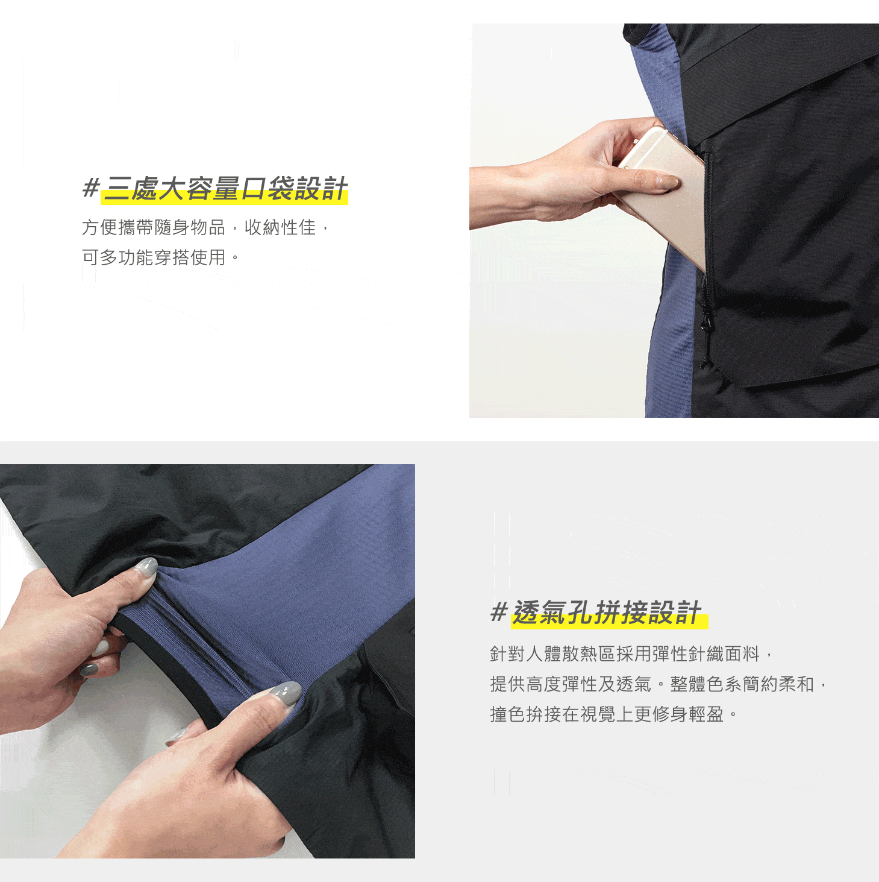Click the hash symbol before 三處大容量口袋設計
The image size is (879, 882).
(90, 188)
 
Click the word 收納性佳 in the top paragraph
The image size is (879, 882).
(280, 227)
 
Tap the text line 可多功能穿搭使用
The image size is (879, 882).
(154, 257)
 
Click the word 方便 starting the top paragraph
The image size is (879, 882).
(99, 227)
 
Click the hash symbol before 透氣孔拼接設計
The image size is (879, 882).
(499, 613)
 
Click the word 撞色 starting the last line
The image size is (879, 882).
(508, 714)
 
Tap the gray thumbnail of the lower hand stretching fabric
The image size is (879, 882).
(287, 693)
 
